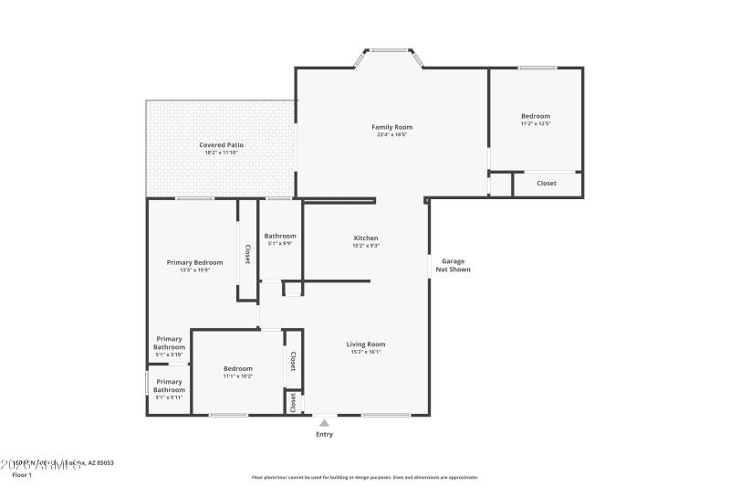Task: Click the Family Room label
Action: tap(391, 127)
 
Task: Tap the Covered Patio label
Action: tap(221, 145)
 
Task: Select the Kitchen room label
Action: tap(366, 238)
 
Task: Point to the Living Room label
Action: tap(366, 344)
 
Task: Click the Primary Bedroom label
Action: tap(194, 262)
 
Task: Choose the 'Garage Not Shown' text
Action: tap(453, 265)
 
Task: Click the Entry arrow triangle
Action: tap(324, 422)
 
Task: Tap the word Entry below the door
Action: tap(324, 434)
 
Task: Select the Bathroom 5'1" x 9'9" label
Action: tap(280, 236)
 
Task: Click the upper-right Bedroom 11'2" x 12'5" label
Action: tap(536, 116)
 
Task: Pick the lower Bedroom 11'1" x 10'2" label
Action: tap(237, 368)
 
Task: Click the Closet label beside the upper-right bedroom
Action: tap(546, 184)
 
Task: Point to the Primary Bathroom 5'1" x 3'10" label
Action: tap(170, 344)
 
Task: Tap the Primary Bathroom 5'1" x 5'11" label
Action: tap(169, 386)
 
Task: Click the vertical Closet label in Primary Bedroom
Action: tap(247, 253)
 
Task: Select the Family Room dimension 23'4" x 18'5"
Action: tap(391, 134)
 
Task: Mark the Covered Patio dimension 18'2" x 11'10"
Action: tap(221, 153)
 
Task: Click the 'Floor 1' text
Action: tap(22, 475)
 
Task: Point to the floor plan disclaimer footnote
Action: tap(364, 477)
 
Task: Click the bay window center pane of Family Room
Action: tap(390, 50)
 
